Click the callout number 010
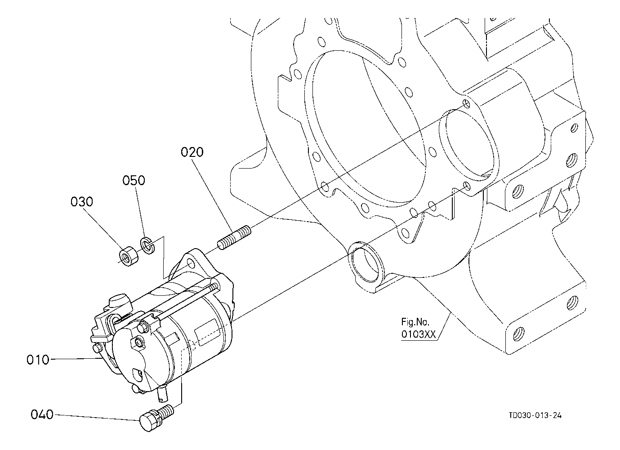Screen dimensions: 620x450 [x=38, y=360]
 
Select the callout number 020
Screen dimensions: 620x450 [x=192, y=152]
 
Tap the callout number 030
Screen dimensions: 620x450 [x=82, y=202]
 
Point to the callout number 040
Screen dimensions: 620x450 [x=42, y=414]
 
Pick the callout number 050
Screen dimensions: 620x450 [x=134, y=180]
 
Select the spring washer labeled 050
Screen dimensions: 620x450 [x=148, y=245]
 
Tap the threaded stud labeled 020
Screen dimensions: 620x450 [x=234, y=238]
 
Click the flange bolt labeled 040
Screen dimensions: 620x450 [x=156, y=418]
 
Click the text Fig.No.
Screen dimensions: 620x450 [x=415, y=322]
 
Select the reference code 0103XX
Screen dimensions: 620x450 [x=419, y=334]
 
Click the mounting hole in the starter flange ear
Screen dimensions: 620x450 [x=191, y=263]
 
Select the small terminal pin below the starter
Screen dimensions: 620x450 [x=162, y=394]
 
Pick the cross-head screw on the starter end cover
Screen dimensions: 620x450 [x=139, y=343]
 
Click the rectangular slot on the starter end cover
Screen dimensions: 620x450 [x=138, y=374]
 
